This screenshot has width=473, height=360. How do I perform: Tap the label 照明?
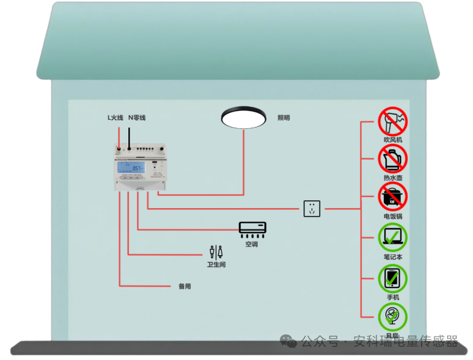[x=284, y=118]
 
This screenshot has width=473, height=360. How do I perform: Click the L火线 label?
[x=116, y=118]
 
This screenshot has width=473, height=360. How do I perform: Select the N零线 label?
[x=137, y=118]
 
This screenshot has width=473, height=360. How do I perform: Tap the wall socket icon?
[x=312, y=209]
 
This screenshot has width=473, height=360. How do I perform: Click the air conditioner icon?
[x=253, y=228]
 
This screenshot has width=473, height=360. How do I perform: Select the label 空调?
[x=252, y=244]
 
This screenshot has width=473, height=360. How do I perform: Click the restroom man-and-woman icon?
[x=216, y=251]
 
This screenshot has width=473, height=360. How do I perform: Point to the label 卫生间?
[x=216, y=264]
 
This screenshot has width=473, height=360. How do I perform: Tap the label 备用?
[x=185, y=287]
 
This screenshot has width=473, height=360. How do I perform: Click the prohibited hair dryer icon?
[x=393, y=121]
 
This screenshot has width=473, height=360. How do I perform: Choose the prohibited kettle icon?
[x=393, y=159]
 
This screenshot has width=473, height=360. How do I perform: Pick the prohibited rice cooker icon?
[x=393, y=197]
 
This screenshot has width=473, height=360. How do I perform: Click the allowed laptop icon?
[x=393, y=237]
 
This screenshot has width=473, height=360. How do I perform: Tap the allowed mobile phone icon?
[x=393, y=278]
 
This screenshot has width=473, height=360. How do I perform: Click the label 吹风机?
[x=393, y=140]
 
